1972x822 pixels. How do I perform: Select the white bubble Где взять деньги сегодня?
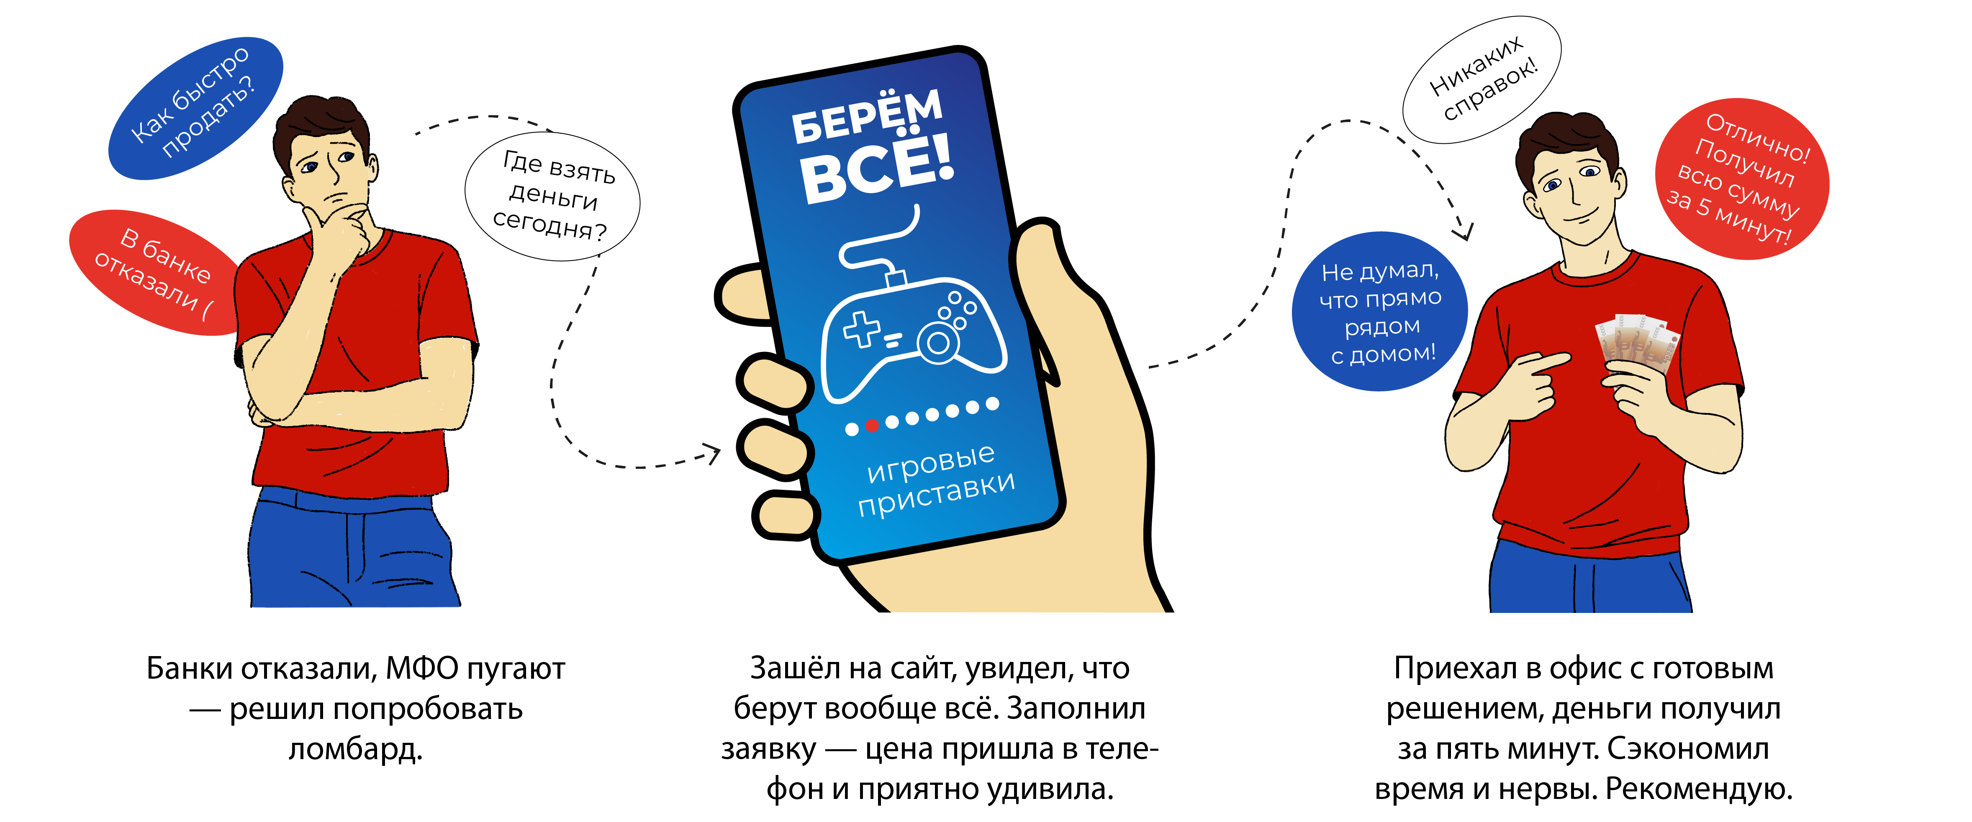tap(553, 197)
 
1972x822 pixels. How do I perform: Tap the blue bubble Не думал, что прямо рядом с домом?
tap(1379, 312)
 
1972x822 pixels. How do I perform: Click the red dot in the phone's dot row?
tap(871, 426)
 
